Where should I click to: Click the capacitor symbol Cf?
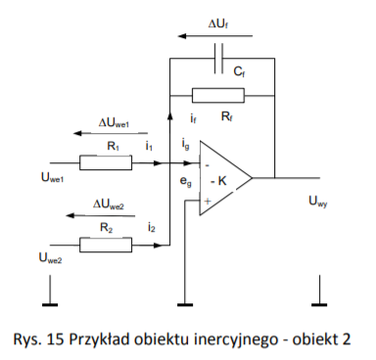click(218, 58)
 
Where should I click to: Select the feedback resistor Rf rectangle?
click(218, 95)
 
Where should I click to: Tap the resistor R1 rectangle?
click(106, 162)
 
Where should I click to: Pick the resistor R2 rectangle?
click(106, 245)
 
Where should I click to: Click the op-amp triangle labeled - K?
click(226, 178)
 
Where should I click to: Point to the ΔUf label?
click(218, 24)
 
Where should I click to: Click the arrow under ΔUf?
click(215, 36)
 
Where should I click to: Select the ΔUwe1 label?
click(115, 123)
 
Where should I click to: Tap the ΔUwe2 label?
click(109, 204)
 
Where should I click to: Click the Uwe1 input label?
click(52, 178)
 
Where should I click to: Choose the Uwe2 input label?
click(50, 257)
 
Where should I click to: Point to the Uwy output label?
click(318, 202)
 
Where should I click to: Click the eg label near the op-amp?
click(186, 182)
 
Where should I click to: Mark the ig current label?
click(185, 144)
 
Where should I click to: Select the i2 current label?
click(151, 227)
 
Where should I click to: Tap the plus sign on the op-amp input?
click(208, 201)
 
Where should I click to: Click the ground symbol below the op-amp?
click(185, 305)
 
